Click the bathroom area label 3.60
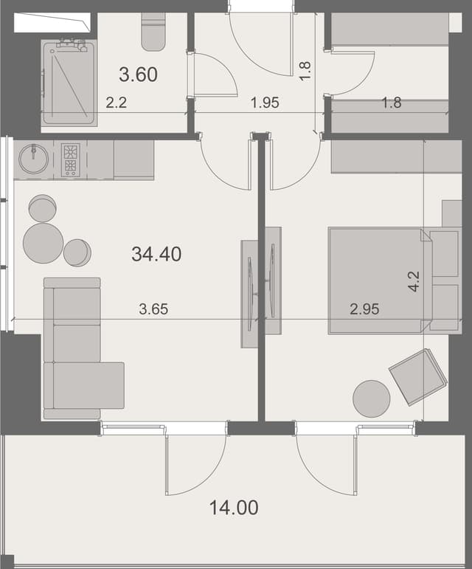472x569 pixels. click(138, 75)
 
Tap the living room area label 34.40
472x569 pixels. click(156, 255)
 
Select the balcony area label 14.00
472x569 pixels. click(233, 508)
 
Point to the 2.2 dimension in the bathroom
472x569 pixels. click(116, 103)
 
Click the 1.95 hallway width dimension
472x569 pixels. click(265, 103)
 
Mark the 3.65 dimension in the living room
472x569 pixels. click(153, 309)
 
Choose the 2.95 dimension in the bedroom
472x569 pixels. click(364, 309)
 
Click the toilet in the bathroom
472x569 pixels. click(153, 33)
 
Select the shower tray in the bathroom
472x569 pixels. click(69, 83)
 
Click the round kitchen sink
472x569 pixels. click(33, 159)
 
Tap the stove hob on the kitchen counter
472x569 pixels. click(70, 159)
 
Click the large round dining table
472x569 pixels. click(44, 243)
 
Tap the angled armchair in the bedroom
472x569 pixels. click(417, 376)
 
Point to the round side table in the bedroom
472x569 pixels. click(372, 399)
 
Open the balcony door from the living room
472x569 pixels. click(195, 463)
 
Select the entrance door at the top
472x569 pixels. click(262, 41)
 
